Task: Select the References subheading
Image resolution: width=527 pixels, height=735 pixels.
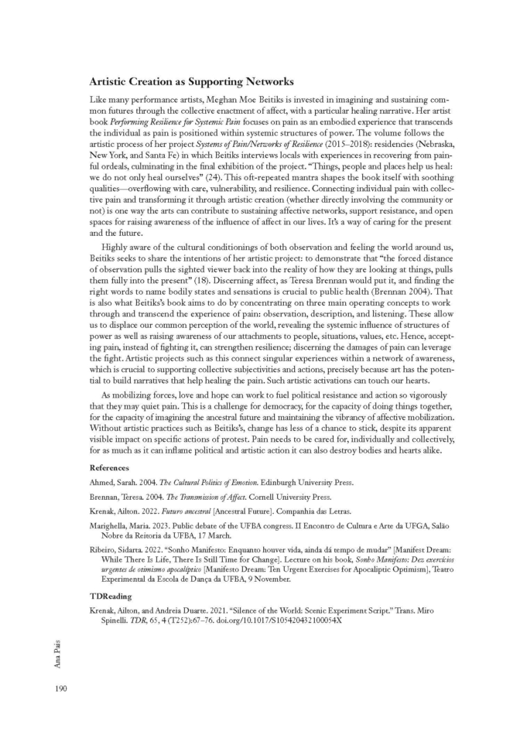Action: pos(109,468)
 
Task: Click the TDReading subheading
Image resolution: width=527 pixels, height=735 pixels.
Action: pos(110,597)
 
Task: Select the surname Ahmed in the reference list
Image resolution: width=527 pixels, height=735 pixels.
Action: pos(105,482)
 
